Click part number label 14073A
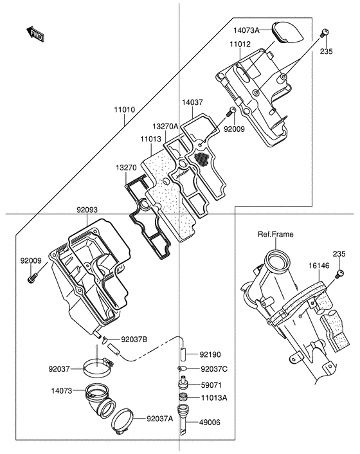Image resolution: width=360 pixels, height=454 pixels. click(247, 30)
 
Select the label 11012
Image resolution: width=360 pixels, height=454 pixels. click(240, 44)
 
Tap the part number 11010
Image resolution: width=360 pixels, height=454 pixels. click(125, 110)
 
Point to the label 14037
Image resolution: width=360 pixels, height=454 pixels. click(192, 102)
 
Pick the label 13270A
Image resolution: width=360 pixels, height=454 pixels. click(165, 126)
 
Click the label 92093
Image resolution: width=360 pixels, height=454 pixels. click(87, 210)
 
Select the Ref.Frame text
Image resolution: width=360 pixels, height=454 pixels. click(276, 234)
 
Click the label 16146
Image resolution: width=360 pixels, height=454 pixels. click(319, 266)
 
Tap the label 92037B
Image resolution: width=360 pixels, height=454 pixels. click(134, 339)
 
